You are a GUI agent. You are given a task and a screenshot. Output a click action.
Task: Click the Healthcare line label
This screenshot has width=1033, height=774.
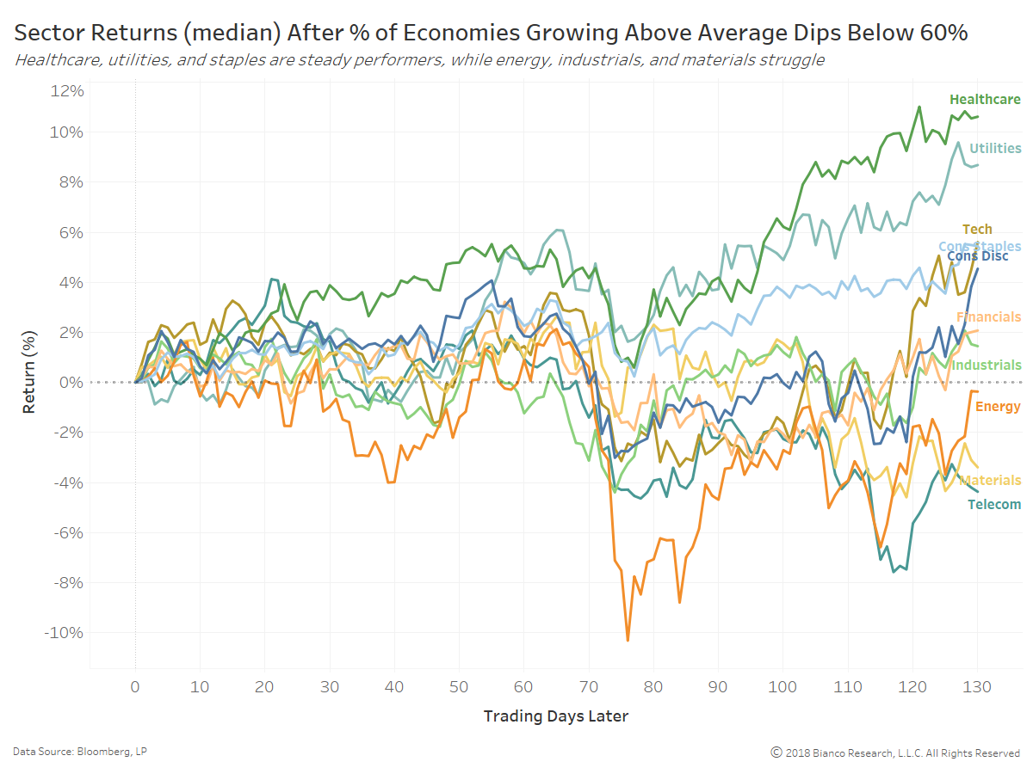(x=985, y=100)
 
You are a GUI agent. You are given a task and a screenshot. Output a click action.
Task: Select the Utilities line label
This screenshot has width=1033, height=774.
(x=995, y=149)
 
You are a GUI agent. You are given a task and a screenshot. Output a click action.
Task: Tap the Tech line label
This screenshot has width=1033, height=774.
(x=977, y=229)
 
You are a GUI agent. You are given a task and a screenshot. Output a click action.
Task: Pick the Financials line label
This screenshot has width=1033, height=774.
(x=988, y=317)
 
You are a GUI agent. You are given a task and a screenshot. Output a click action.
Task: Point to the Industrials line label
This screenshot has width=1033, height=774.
(x=986, y=365)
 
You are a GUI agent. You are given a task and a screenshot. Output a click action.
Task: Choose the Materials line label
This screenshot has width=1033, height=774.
(x=990, y=481)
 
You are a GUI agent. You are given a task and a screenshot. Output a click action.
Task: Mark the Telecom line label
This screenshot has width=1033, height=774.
(x=994, y=505)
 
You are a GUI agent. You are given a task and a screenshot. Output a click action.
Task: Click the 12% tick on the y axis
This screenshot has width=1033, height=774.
(x=67, y=91)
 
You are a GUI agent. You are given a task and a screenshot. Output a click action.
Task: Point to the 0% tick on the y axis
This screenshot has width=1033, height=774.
(x=71, y=382)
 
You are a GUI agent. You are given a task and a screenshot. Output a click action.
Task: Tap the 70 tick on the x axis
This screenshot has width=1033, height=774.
(x=589, y=688)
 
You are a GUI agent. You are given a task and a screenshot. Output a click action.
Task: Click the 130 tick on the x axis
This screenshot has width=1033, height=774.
(x=978, y=688)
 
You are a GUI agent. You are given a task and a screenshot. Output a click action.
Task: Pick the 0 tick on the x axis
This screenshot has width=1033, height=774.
(x=135, y=688)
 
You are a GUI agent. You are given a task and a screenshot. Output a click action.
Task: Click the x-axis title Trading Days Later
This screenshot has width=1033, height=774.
(x=555, y=716)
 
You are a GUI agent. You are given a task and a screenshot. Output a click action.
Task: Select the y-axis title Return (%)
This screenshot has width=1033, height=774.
(x=29, y=381)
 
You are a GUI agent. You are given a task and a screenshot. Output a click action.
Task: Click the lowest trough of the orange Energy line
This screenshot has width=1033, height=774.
(x=628, y=641)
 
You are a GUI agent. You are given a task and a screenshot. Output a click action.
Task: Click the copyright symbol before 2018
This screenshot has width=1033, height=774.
(x=776, y=752)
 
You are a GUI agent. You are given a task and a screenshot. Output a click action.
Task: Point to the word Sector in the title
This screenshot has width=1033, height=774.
(x=44, y=34)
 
